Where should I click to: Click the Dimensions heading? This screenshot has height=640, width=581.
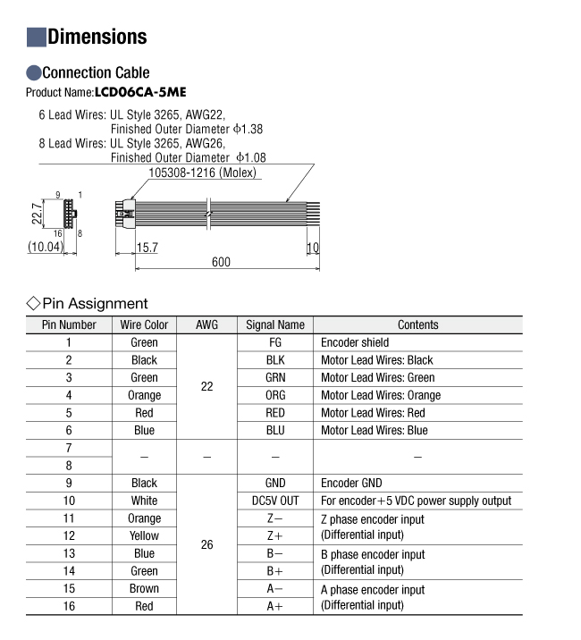pos(97,37)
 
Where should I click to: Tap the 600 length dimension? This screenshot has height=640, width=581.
pos(221,262)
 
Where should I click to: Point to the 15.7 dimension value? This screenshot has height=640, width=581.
pos(147,247)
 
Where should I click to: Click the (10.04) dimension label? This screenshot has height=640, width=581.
pos(45,247)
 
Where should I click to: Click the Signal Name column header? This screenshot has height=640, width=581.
pos(274,324)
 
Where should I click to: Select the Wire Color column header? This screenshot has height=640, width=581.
pos(144,324)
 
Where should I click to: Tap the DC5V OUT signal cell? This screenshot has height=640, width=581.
pos(275,501)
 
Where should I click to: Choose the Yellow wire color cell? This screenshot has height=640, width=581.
pos(144,535)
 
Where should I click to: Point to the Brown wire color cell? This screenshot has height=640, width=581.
pos(144,588)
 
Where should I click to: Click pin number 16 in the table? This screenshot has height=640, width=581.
pos(69,606)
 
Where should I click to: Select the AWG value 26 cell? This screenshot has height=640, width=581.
pos(206,544)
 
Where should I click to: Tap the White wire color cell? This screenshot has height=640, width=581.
pos(144,501)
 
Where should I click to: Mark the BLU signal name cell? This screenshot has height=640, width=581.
pos(275,430)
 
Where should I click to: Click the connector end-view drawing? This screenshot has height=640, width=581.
pos(66,215)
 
